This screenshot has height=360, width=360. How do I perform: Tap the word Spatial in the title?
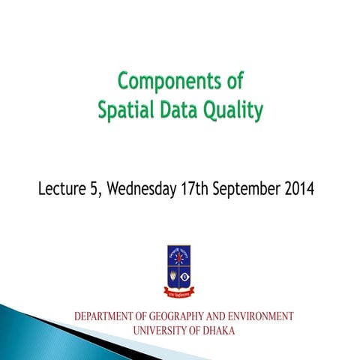[x=123, y=110]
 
